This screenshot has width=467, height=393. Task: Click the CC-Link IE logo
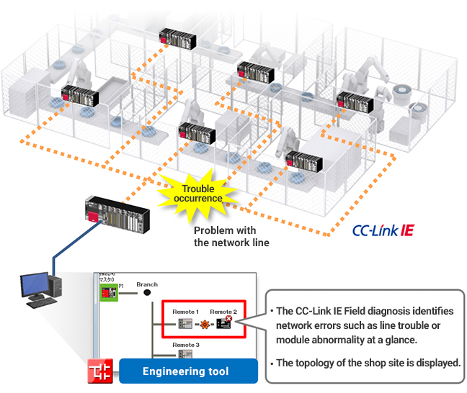tap(382, 232)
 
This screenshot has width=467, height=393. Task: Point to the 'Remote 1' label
tap(185, 311)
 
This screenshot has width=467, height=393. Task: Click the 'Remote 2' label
tap(223, 311)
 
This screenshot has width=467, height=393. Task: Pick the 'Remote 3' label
tap(186, 345)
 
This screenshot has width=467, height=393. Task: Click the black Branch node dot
tap(147, 293)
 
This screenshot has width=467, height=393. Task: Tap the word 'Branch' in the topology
tap(147, 284)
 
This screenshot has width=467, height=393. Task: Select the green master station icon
tap(108, 292)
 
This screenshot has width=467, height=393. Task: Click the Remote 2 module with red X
tap(224, 324)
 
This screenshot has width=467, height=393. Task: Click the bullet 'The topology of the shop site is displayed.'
tap(368, 363)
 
